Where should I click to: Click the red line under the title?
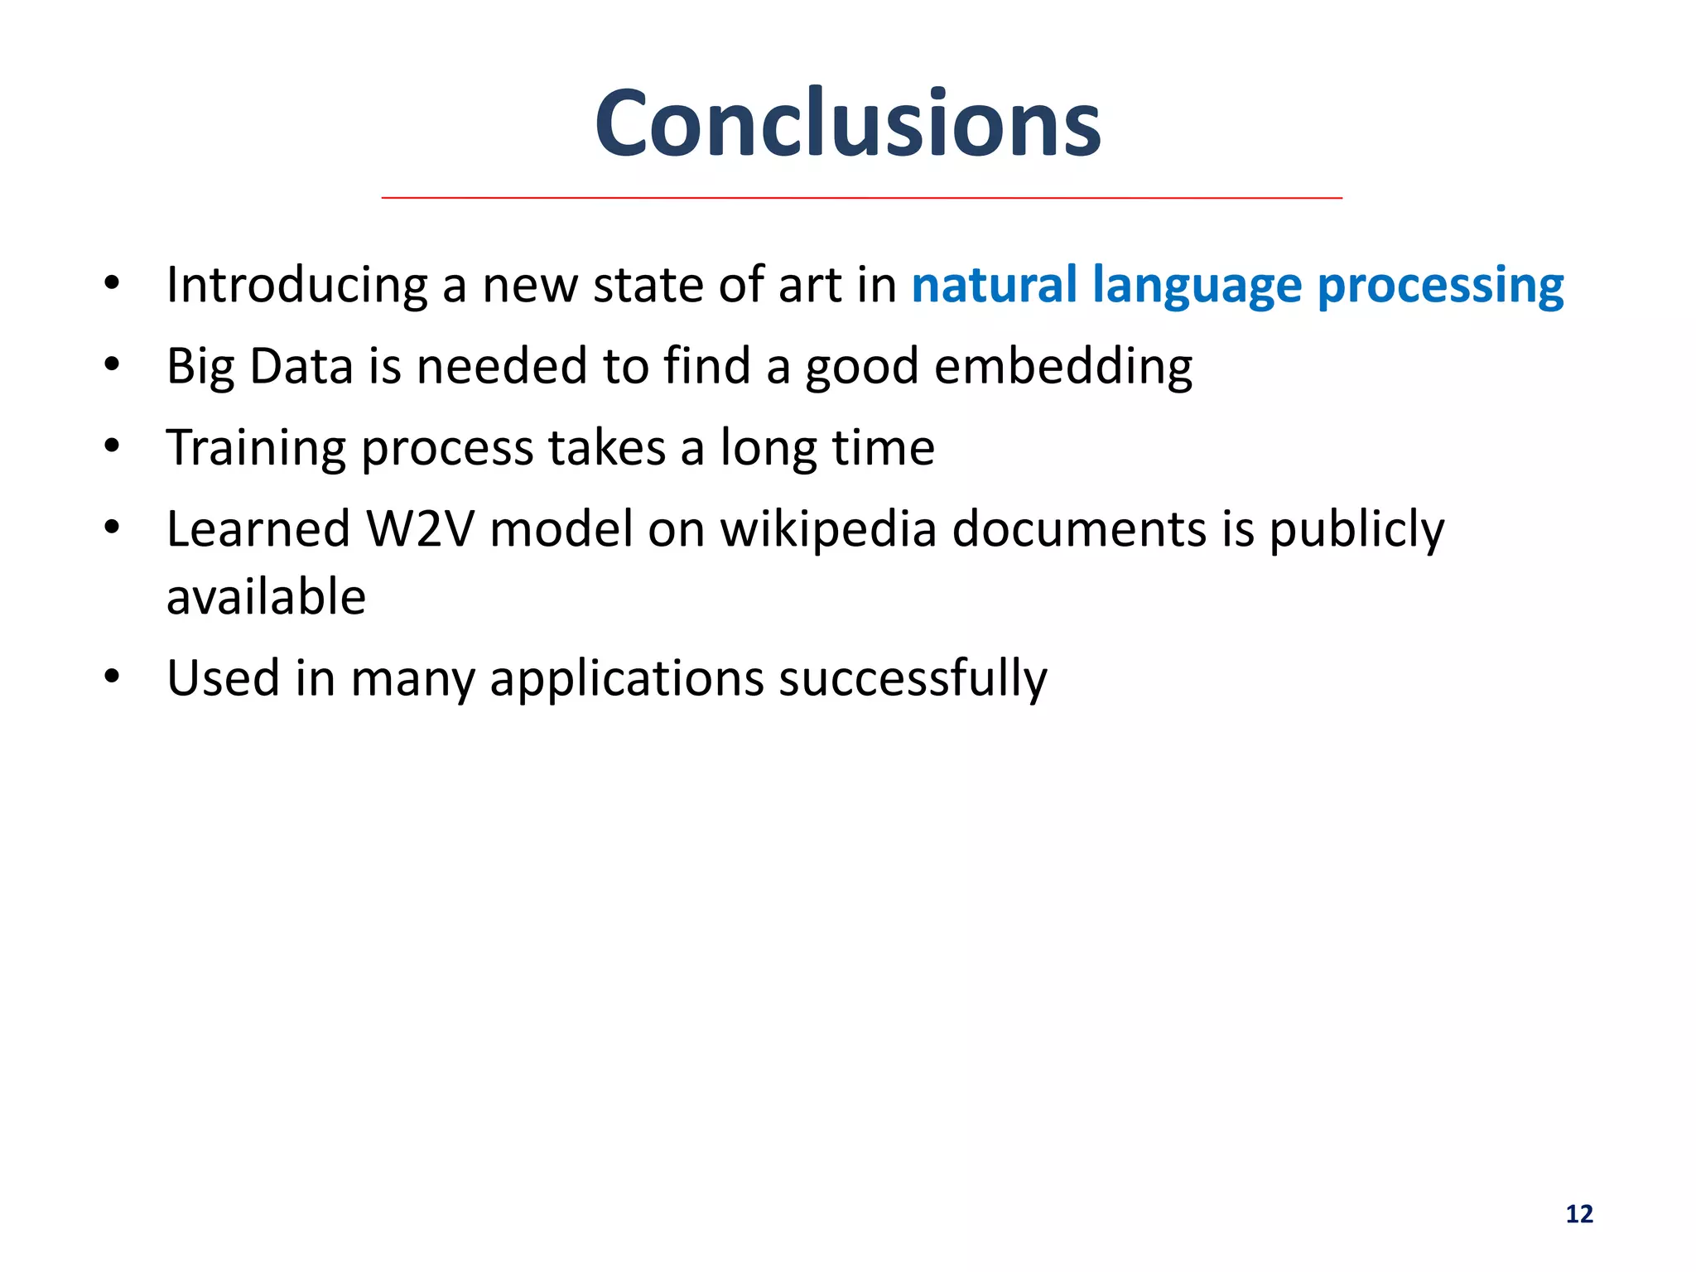(x=861, y=198)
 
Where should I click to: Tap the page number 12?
(x=1579, y=1214)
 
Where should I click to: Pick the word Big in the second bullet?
(x=200, y=367)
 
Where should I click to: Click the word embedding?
(x=1063, y=367)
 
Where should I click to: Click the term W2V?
(x=420, y=529)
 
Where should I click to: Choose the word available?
(x=266, y=597)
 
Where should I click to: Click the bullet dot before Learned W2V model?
(x=113, y=527)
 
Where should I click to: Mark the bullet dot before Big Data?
(x=113, y=364)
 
